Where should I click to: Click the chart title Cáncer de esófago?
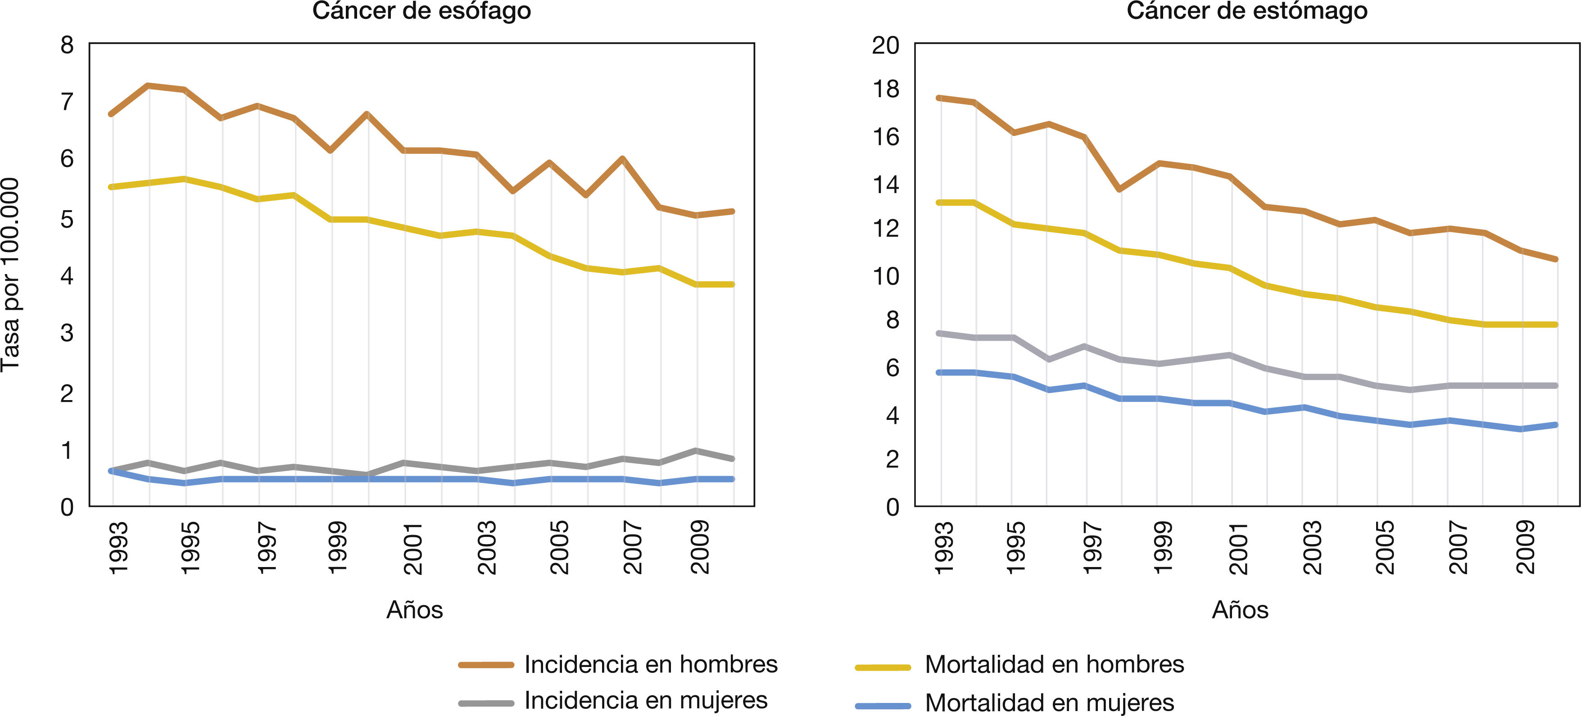point(421,11)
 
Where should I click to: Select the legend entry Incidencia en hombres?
point(651,664)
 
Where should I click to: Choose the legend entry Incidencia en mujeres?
point(646,700)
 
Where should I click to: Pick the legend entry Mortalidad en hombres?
point(1054,664)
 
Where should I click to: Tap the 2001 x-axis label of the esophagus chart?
point(413,548)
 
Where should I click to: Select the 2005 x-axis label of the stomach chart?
point(1385,548)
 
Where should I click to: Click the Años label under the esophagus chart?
point(414,610)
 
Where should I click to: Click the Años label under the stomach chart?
point(1240,610)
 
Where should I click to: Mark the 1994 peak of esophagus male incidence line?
point(149,86)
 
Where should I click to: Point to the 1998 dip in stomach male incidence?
point(1121,189)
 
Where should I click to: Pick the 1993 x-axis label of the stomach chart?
point(944,548)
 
